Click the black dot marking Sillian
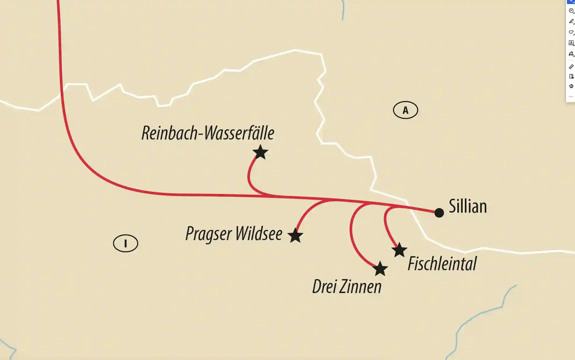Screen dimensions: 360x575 [x=439, y=213]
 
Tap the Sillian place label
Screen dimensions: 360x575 [x=468, y=206]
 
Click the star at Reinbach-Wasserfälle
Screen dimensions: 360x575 [x=260, y=152]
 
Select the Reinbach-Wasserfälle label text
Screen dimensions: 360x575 [x=208, y=133]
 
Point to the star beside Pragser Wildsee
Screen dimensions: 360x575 [x=295, y=236]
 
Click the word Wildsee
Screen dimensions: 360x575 [x=259, y=233]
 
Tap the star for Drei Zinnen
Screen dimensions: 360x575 [x=380, y=269]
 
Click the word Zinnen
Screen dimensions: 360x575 [x=360, y=287]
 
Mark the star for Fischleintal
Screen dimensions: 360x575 [x=399, y=250]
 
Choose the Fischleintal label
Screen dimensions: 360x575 [x=442, y=263]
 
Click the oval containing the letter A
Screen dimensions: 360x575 [x=405, y=110]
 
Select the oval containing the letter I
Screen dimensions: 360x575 [x=125, y=243]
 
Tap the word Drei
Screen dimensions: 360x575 [x=324, y=287]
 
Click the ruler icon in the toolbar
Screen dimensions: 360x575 [x=571, y=66]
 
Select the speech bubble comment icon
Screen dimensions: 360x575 [x=571, y=11]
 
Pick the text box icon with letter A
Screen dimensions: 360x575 [x=571, y=43]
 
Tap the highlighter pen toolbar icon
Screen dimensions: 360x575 [x=571, y=22]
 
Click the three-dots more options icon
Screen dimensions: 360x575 [x=571, y=97]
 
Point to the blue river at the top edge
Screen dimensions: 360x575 [x=343, y=11]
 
